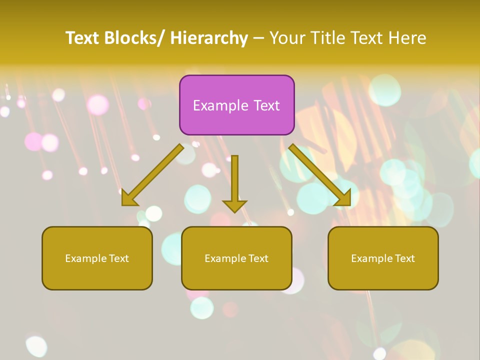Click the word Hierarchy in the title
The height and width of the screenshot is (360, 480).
(209, 38)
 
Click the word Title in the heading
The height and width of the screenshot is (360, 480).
(327, 38)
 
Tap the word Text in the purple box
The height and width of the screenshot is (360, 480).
(266, 106)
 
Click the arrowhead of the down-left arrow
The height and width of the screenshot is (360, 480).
(129, 199)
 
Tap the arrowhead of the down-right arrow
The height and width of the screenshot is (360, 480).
(343, 199)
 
